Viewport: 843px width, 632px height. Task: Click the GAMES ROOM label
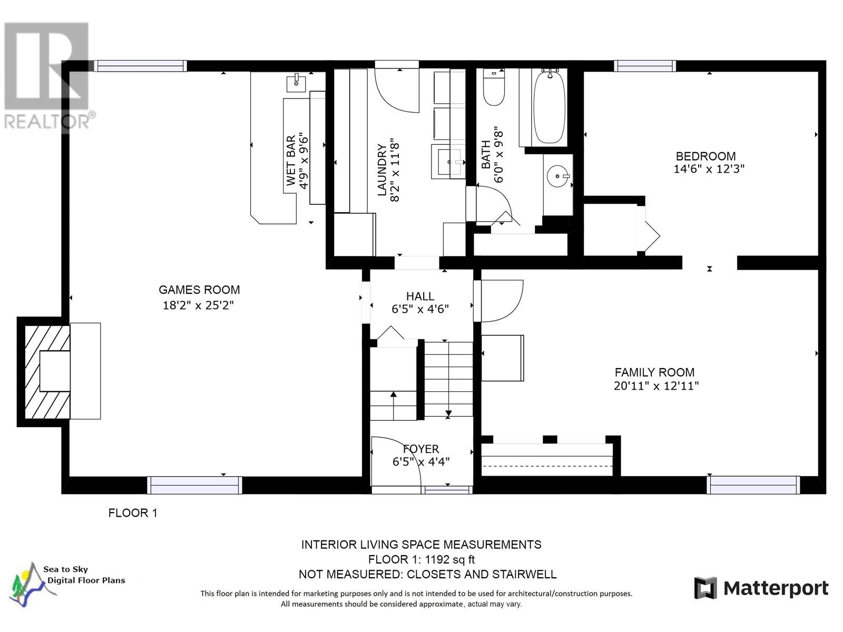tap(199, 290)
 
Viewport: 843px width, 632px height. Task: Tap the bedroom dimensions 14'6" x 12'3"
tap(709, 169)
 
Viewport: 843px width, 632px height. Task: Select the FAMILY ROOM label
tap(654, 372)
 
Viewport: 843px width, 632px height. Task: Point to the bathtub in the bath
tap(549, 108)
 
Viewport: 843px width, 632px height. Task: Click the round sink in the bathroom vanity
tap(557, 176)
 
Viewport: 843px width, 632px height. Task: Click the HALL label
tap(420, 297)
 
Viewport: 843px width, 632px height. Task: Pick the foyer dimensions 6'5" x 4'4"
tap(420, 462)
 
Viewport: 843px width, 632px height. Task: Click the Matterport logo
tap(761, 588)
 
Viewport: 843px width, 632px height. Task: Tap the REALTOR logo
tap(46, 76)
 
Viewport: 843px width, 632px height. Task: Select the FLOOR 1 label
tap(133, 512)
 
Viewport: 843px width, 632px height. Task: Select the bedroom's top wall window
tap(644, 66)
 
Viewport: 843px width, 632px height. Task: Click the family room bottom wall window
tap(753, 485)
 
